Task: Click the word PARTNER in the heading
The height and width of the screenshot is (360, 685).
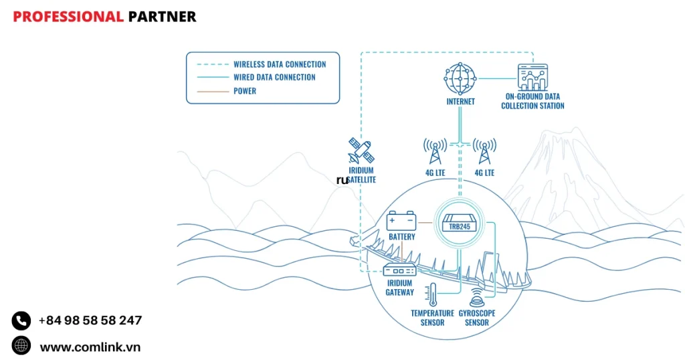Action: tap(162, 17)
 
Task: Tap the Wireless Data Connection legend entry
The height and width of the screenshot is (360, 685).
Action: tap(279, 64)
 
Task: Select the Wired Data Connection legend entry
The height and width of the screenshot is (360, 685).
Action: tap(274, 78)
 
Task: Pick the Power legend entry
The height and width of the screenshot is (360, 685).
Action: tap(245, 91)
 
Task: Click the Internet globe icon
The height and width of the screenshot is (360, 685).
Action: tap(460, 78)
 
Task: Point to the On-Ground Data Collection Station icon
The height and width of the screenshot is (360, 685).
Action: tap(532, 78)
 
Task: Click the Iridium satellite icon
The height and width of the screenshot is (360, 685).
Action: tap(361, 152)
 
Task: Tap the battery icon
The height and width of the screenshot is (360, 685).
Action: tap(401, 220)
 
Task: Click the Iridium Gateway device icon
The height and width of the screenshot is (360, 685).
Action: tap(399, 270)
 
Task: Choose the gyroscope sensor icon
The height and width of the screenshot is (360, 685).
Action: tap(478, 297)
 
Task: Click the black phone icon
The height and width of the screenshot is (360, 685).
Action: tap(21, 321)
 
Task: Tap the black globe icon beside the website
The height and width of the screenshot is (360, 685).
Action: tap(21, 345)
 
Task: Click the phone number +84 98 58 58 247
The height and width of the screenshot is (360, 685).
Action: tap(90, 321)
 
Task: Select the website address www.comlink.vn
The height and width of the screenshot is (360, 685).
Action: tap(90, 347)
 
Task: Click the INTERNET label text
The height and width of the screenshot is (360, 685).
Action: tap(460, 102)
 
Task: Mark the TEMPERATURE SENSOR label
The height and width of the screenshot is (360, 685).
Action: tap(432, 318)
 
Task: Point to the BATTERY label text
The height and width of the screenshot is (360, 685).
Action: tap(401, 237)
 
